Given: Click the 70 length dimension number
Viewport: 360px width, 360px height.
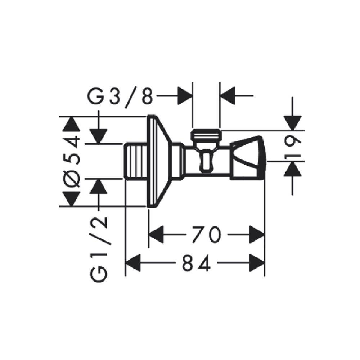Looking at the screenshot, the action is (x=206, y=235).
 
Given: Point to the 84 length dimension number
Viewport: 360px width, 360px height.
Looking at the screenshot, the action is (x=196, y=263).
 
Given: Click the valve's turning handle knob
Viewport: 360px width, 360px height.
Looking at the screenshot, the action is (x=248, y=158).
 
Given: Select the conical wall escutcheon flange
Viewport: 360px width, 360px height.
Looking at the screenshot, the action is (x=159, y=161).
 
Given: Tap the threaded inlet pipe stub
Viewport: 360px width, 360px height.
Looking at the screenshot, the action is (x=135, y=161).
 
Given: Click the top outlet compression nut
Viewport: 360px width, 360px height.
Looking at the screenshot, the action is (x=206, y=137).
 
